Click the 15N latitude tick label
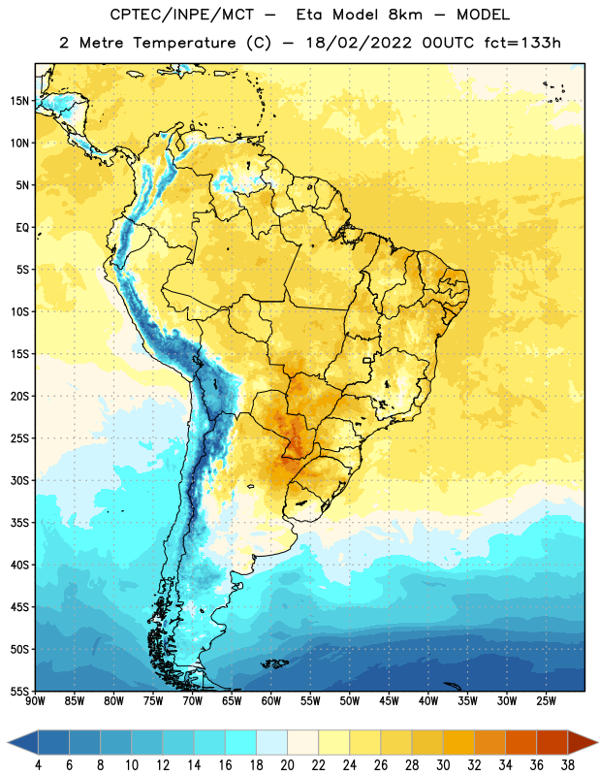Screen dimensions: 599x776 (x=19, y=101)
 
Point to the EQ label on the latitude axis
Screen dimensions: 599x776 (x=22, y=228)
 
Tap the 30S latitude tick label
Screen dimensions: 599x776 (x=19, y=480)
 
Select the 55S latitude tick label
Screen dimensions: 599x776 (x=19, y=691)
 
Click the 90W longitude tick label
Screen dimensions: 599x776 (x=35, y=701)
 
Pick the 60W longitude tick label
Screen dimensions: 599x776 (x=271, y=701)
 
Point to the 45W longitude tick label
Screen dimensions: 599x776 (x=390, y=701)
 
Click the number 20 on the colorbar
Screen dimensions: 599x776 (x=287, y=765)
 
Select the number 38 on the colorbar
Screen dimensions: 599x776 (x=568, y=765)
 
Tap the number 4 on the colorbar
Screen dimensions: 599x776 (x=38, y=765)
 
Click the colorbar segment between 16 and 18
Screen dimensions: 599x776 (x=241, y=742)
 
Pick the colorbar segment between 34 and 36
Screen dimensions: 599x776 (x=521, y=742)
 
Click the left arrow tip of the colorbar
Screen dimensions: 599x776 (x=8, y=742)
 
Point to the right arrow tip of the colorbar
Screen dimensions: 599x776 (x=598, y=742)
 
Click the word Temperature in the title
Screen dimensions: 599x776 (x=184, y=43)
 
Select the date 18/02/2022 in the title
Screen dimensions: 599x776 (x=358, y=43)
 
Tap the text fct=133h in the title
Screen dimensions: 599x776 (x=522, y=43)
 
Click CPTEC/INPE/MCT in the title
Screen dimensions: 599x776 (x=181, y=15)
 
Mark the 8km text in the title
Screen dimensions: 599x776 (x=405, y=15)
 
